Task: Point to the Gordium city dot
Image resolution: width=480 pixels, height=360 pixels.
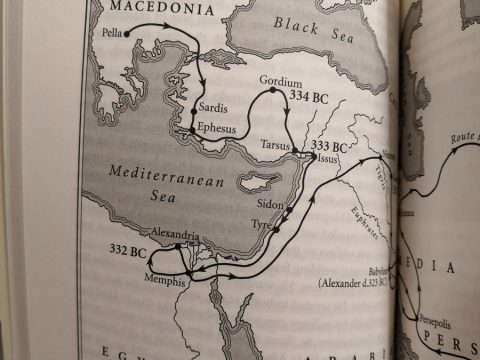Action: pos(272,90)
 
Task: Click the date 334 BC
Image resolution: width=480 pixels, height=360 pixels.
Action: pos(310,98)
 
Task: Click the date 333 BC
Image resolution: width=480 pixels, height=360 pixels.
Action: pos(330,146)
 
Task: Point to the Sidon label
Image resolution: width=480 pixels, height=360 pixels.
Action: pos(265,206)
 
